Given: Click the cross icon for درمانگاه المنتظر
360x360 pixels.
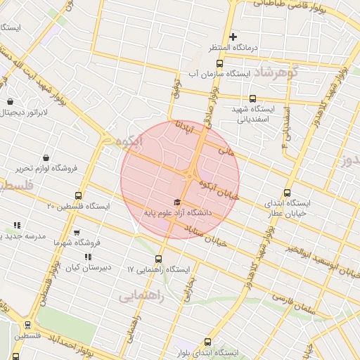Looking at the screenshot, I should coord(233,37).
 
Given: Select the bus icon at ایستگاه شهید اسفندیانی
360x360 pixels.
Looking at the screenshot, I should coord(253,99).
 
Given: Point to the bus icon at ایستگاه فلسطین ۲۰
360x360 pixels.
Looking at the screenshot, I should coord(77,196).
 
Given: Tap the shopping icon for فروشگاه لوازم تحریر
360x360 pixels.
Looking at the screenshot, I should coord(46,157).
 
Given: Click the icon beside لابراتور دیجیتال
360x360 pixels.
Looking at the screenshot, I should coord(9,101).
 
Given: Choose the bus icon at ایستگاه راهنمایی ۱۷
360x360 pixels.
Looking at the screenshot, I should coord(158,259).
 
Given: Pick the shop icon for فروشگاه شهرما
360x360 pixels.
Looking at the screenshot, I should coord(77,233).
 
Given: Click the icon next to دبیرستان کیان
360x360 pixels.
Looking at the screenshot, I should coord(87,257).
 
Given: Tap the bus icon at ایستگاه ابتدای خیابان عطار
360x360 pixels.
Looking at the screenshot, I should coord(287,193).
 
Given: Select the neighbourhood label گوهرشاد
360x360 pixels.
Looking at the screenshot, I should coord(276,72).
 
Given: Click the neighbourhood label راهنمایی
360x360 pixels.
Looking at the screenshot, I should coord(141,297).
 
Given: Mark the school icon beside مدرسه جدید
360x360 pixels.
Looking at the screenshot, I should coord(16,226).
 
